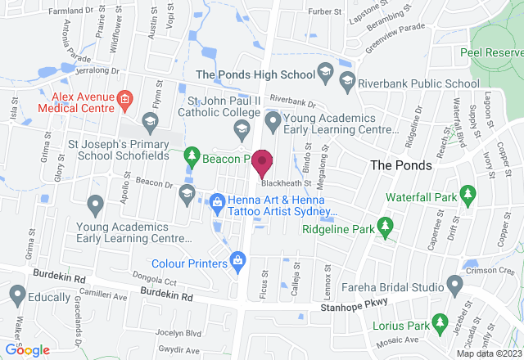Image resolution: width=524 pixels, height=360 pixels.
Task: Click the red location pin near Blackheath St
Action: [x=262, y=163]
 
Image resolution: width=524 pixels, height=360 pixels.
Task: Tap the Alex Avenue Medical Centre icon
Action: [x=124, y=101]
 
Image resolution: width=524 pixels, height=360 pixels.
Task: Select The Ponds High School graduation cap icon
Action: [x=325, y=74]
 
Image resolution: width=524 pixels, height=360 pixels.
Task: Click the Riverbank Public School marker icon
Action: [x=348, y=83]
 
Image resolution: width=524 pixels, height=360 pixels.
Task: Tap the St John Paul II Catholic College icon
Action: [x=242, y=127]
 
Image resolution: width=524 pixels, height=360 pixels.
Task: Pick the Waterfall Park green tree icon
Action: [x=468, y=194]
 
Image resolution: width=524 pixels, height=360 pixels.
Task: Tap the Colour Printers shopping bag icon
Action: [x=237, y=263]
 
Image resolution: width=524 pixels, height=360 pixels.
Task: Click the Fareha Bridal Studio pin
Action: [x=455, y=285]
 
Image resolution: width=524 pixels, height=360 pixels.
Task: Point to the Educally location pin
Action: [x=17, y=293]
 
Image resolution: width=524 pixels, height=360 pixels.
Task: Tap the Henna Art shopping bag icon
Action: [x=217, y=200]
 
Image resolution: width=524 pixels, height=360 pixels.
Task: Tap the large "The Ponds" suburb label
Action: [x=398, y=164]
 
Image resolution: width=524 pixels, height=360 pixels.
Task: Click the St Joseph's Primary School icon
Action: [x=149, y=124]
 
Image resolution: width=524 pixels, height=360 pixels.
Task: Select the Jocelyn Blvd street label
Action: [x=188, y=334]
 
